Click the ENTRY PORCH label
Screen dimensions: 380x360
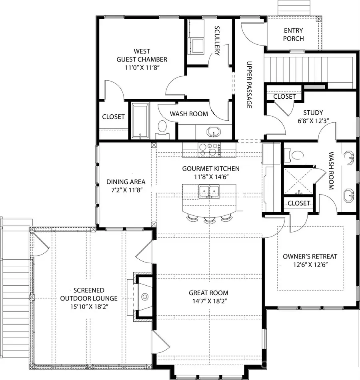tap(293, 35)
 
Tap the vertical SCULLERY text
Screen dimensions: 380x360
tap(217, 41)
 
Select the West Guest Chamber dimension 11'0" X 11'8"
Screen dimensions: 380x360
tap(142, 68)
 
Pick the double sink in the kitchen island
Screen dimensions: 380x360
tap(209, 191)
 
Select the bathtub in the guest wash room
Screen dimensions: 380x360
tap(140, 121)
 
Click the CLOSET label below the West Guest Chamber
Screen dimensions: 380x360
tap(113, 117)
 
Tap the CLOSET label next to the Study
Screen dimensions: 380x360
tap(284, 96)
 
